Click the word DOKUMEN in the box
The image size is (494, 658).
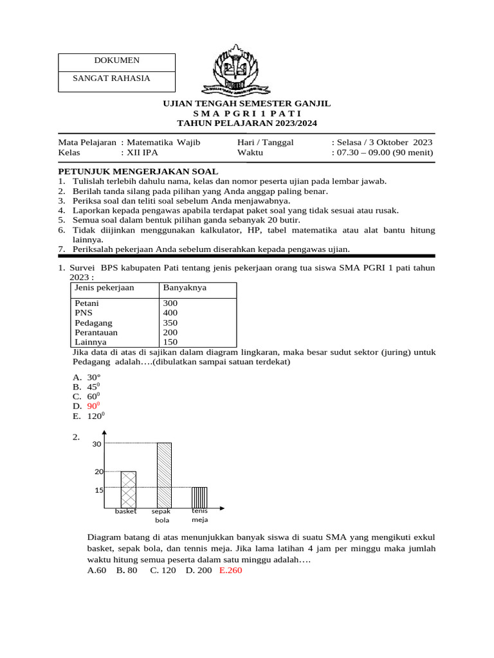[116, 60]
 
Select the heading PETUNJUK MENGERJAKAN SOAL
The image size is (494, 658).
[138, 171]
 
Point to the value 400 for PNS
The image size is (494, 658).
[170, 312]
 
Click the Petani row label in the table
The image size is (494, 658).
[87, 303]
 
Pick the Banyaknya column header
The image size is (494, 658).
[185, 287]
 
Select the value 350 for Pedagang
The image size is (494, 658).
[170, 323]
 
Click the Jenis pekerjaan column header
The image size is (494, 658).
[104, 287]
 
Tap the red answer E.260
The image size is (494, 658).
[230, 569]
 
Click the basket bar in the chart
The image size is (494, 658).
[129, 489]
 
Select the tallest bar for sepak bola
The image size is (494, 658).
[164, 475]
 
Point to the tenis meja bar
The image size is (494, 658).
[199, 497]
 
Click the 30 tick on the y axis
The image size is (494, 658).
[97, 444]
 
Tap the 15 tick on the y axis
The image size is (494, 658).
[98, 490]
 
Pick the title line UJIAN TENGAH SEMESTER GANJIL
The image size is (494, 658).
[246, 103]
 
